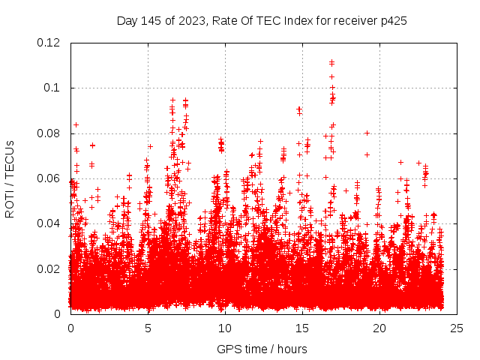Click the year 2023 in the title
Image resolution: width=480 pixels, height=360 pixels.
tap(190, 21)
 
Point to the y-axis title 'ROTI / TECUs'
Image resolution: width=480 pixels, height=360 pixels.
tap(10, 178)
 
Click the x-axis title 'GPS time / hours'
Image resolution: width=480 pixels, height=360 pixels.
tap(262, 349)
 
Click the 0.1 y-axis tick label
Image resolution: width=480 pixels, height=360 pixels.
tap(55, 88)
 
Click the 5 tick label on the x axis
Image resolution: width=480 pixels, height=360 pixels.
tap(148, 328)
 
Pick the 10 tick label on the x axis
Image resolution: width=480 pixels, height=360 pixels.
tap(225, 328)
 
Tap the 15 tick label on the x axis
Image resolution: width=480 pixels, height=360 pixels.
tap(302, 328)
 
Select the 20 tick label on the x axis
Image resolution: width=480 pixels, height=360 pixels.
tap(379, 328)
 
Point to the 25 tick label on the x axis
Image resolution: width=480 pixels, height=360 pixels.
tap(457, 328)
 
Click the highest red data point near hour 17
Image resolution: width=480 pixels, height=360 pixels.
tap(331, 61)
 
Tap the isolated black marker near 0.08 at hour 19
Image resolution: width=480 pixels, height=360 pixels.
tap(367, 133)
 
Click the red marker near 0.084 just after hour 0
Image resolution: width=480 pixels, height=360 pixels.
tap(76, 124)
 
